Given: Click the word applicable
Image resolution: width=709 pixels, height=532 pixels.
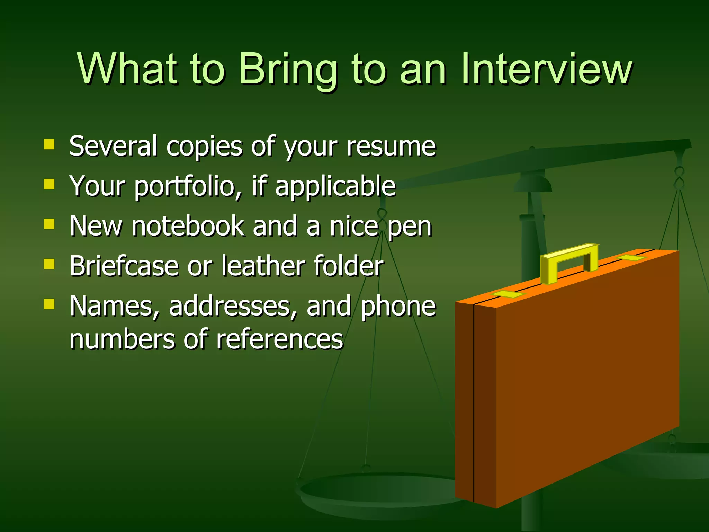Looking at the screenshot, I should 335,186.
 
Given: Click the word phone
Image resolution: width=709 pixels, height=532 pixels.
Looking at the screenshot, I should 398,306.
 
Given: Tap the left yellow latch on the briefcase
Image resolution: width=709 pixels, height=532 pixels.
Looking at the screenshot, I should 509,294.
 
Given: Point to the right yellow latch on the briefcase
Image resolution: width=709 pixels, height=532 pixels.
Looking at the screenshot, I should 631,258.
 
